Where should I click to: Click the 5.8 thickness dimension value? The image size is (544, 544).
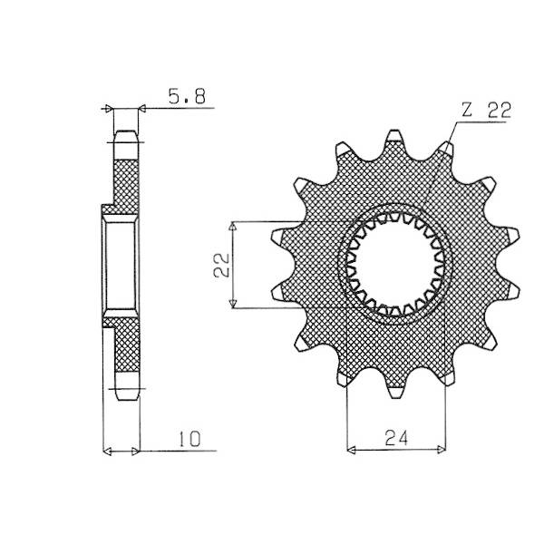click(187, 96)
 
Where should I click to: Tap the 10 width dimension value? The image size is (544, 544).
click(189, 439)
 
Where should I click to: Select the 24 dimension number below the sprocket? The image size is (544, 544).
click(396, 438)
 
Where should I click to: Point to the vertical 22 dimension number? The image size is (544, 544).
click(222, 265)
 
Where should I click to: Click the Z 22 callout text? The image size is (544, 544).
click(486, 110)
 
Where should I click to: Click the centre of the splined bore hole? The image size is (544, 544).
click(394, 265)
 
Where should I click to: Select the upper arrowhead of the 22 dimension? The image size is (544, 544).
click(233, 227)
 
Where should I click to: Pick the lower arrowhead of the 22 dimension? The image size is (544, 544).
click(234, 303)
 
